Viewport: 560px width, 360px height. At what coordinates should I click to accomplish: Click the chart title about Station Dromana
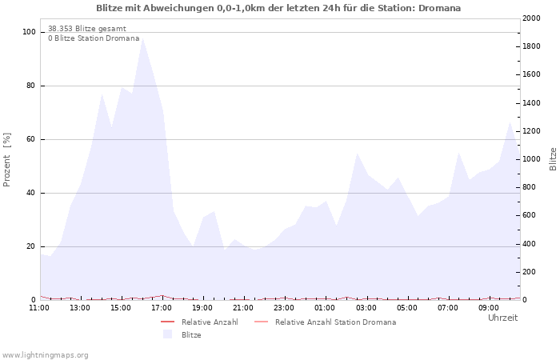pos(278,8)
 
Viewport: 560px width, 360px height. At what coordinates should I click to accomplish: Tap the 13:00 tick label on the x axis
pos(80,308)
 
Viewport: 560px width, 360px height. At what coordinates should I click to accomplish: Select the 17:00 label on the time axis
pos(162,308)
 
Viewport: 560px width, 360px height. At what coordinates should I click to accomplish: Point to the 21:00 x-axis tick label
pos(243,308)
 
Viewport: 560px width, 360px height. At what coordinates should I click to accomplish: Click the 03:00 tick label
pos(366,308)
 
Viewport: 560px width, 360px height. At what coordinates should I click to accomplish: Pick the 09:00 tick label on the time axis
pos(488,308)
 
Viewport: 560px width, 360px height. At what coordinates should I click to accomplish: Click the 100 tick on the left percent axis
pos(30,32)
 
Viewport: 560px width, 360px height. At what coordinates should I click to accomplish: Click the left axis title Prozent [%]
pos(7,159)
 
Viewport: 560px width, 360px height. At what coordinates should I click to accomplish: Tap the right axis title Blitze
pos(553,158)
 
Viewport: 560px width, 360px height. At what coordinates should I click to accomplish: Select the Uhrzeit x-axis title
pos(502,318)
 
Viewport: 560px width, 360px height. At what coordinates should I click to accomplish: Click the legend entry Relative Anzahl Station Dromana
pos(335,322)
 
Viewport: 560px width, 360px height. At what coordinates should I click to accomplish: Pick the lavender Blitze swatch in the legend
pos(168,334)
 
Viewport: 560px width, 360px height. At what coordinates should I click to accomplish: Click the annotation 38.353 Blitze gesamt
pos(86,28)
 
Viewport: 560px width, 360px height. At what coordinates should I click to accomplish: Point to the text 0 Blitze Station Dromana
pos(94,38)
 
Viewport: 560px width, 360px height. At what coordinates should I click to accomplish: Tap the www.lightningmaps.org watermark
pos(45,354)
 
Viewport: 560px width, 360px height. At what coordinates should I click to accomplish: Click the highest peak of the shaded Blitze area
pos(142,38)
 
